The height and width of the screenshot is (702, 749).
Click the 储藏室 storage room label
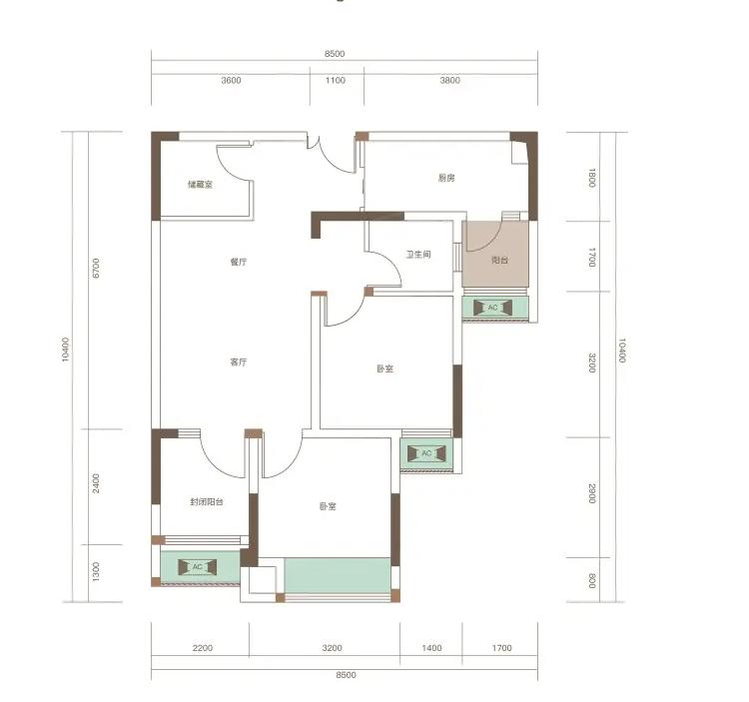(x=200, y=185)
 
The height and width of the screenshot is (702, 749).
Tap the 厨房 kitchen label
(x=446, y=178)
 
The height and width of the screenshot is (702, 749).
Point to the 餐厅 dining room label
(x=239, y=262)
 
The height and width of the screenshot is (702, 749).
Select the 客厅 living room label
(x=239, y=361)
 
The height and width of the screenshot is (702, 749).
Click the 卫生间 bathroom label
(x=418, y=255)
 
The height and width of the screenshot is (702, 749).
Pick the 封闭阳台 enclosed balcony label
(x=207, y=502)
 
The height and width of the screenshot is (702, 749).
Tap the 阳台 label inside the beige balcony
(x=500, y=261)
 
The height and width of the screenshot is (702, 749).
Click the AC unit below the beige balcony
(x=492, y=308)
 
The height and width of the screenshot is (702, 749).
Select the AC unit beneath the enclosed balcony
(x=198, y=567)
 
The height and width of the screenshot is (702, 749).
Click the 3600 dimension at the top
(x=232, y=80)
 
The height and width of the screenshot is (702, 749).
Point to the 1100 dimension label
(x=336, y=80)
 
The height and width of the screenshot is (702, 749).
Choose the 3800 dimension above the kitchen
(x=450, y=80)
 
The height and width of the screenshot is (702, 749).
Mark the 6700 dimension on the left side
(x=96, y=268)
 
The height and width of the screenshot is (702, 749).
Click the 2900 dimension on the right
(x=592, y=493)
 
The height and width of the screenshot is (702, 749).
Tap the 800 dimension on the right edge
(x=592, y=581)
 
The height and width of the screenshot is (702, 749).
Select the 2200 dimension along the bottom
(x=203, y=648)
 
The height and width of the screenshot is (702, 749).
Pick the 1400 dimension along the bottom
(x=431, y=648)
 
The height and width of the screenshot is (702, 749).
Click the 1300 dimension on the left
(x=96, y=571)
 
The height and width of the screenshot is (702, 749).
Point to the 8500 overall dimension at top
(x=335, y=54)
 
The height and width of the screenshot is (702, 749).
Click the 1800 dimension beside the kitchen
(x=592, y=178)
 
